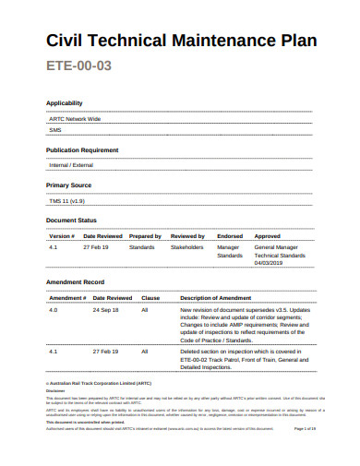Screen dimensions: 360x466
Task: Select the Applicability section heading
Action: tap(65, 103)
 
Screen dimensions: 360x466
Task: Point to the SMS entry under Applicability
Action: tap(54, 130)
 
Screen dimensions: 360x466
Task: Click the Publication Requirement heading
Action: tap(82, 149)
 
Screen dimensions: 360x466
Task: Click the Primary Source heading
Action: tap(70, 185)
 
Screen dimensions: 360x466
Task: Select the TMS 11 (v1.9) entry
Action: tap(67, 200)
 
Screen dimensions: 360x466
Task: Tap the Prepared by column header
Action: tap(145, 236)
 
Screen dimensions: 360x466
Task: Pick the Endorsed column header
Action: tap(230, 236)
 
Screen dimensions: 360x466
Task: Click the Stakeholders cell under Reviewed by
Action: tap(186, 247)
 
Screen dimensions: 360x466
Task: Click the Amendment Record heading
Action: tap(75, 281)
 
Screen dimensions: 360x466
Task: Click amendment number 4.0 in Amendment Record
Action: tap(54, 310)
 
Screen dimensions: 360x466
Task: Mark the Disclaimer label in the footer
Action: tap(55, 389)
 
